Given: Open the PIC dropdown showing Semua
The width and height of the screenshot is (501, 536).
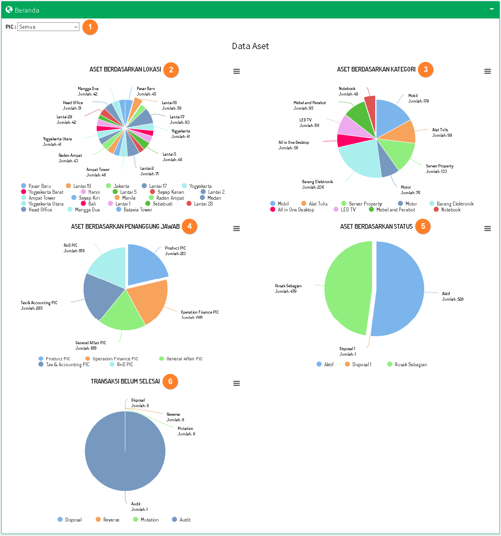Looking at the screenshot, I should tap(48, 27).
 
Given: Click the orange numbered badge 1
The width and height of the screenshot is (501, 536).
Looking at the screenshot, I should tap(90, 27).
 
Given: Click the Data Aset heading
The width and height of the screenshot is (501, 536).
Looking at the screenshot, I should tap(250, 46).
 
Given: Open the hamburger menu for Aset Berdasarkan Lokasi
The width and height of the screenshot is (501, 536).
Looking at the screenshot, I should tap(237, 71).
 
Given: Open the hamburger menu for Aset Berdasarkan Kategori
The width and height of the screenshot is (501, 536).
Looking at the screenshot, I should tap(488, 71).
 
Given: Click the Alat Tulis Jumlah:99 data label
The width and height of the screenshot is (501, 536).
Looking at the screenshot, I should tap(442, 132).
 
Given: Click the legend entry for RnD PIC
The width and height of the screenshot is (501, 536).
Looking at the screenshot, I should tap(125, 365).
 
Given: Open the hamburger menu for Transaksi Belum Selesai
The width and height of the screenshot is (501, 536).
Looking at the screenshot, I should tap(237, 383).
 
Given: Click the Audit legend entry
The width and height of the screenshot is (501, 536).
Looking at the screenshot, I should tap(185, 520).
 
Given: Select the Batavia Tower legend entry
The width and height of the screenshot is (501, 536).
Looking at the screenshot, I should tap(138, 210).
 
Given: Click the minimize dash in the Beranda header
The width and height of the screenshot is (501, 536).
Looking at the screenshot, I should tap(492, 9).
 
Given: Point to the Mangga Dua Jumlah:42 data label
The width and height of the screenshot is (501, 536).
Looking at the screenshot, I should tap(88, 92).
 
